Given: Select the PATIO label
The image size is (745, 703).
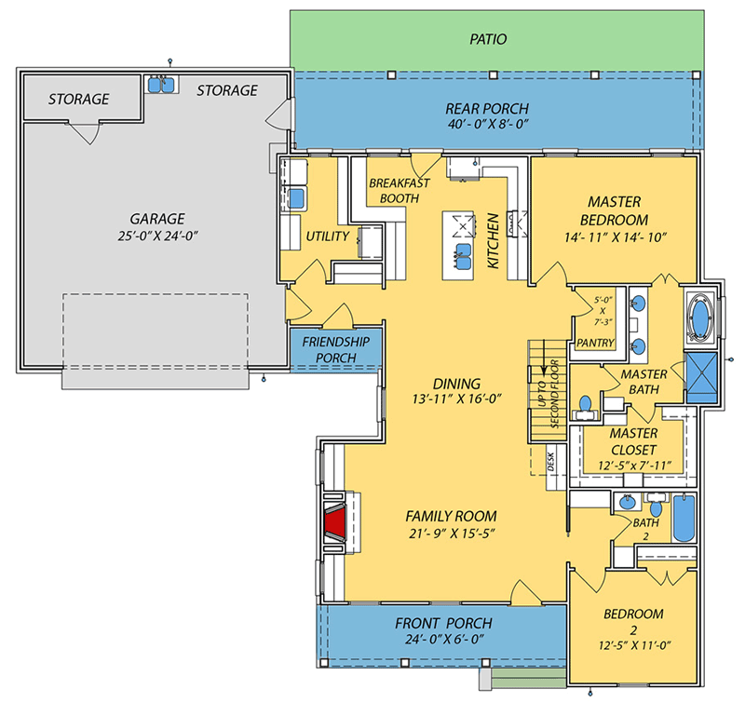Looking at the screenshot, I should point(488,39).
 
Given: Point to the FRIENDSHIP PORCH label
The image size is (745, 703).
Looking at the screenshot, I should point(335,350).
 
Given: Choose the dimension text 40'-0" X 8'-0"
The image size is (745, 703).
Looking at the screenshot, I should point(494,124).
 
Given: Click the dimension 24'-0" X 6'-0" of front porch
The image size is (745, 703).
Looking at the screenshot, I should point(442,641).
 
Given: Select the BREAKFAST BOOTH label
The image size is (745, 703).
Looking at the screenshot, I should point(399,191).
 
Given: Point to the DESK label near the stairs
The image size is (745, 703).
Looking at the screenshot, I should point(550,458).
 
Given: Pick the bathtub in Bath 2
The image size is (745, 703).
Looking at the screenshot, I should point(683,518).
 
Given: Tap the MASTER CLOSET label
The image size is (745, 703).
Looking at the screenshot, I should point(633,441).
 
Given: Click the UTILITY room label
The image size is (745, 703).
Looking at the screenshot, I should point(328,237).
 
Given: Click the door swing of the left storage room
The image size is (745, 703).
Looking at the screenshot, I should point(85,134).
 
